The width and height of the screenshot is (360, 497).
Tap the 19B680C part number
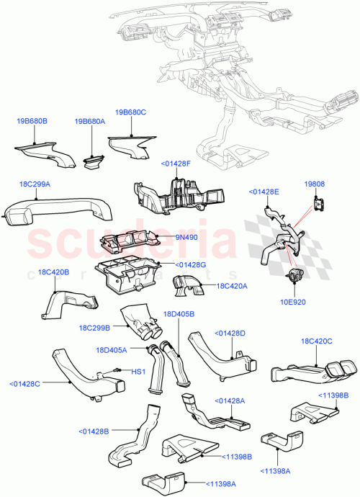pyautogui.click(x=130, y=112)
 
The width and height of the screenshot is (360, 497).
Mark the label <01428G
pyautogui.click(x=190, y=265)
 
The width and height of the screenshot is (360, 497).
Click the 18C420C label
pyautogui.click(x=317, y=341)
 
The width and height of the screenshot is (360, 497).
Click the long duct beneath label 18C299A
pyautogui.click(x=58, y=210)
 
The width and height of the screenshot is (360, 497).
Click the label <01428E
pyautogui.click(x=265, y=192)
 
